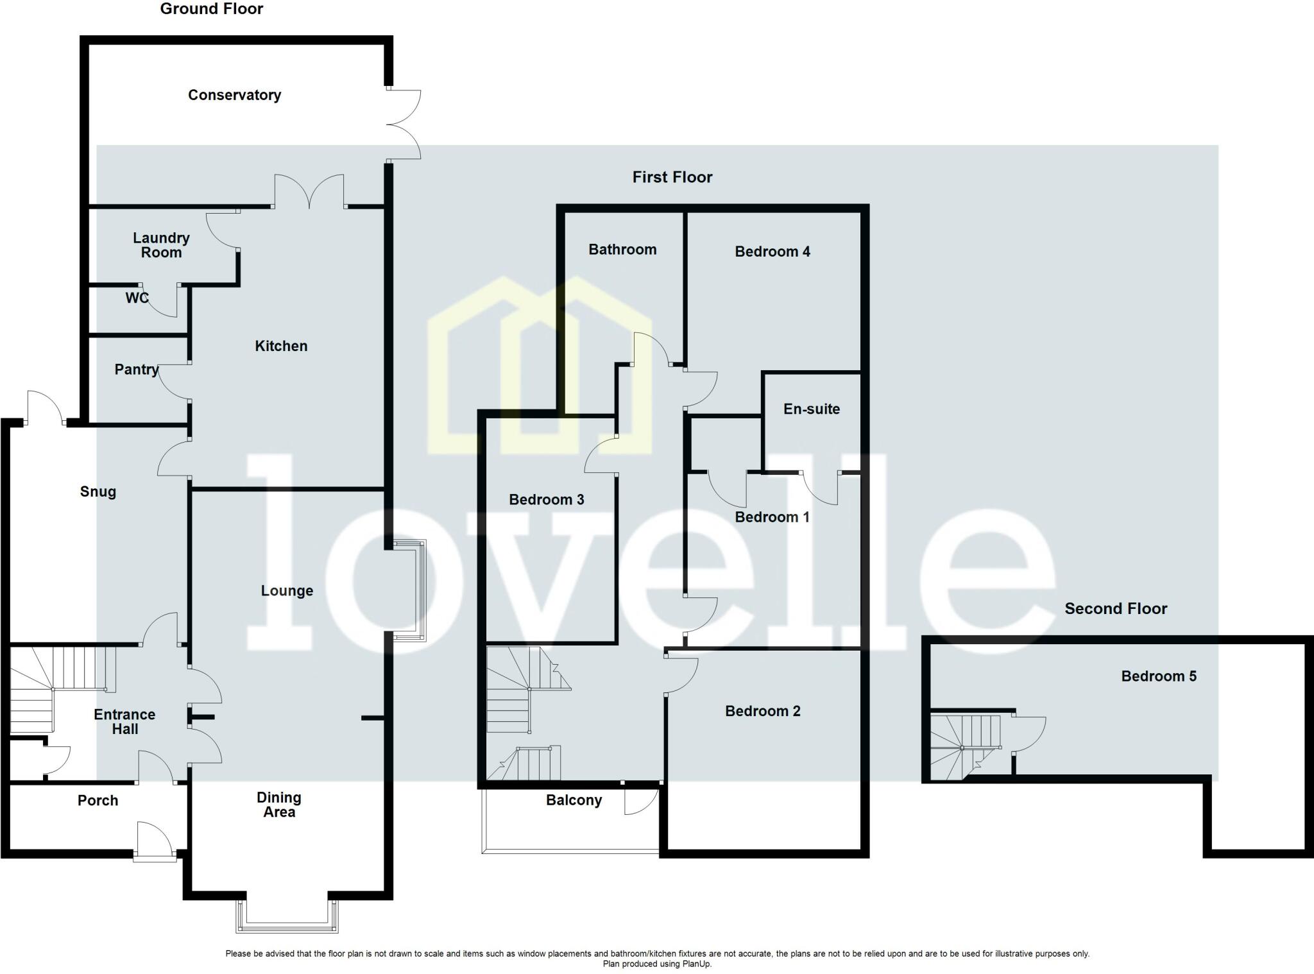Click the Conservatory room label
coord(234,95)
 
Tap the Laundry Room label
coord(161,245)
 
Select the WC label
coord(137,298)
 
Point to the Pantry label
coord(136,370)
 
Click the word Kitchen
coord(281,346)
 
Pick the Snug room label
coord(98,492)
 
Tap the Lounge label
coord(287,591)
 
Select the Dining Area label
coord(279,805)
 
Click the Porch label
coord(98,801)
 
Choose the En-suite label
coord(811,409)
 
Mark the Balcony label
coord(574,800)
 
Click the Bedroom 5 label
coord(1158,676)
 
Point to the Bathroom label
coord(622,250)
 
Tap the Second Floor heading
coord(1116,609)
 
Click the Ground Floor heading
coord(212,9)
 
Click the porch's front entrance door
coord(155,841)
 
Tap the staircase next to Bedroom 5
coord(965,744)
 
